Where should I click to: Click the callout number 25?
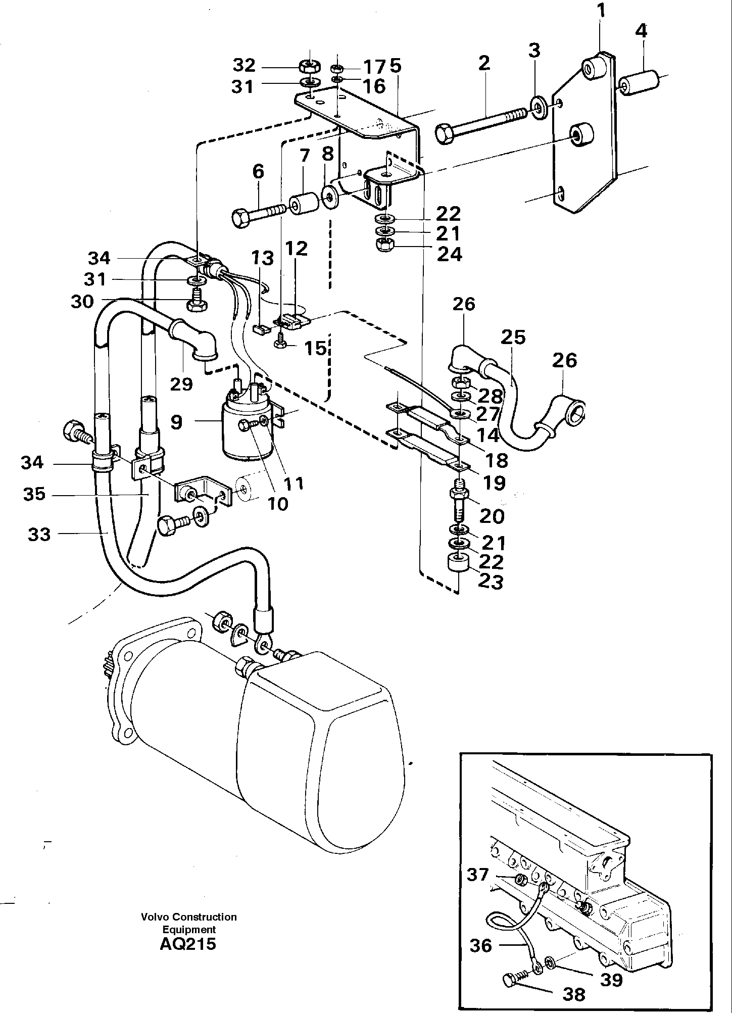[513, 337]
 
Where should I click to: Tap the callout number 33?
[39, 534]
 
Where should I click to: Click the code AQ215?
[188, 943]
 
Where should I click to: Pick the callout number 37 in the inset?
[477, 875]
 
